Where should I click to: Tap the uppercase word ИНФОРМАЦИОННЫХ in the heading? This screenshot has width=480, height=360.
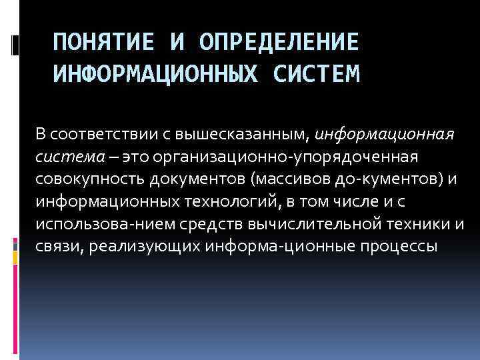157,73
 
